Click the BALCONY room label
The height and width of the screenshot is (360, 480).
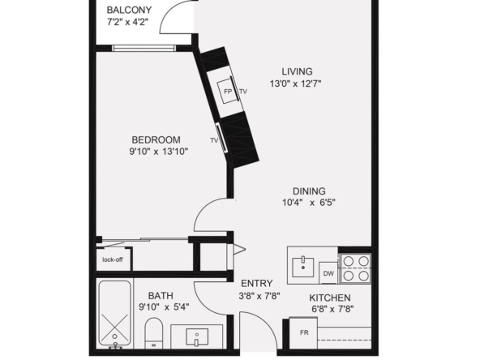(129, 10)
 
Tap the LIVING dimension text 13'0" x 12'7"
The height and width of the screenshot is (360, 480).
(295, 84)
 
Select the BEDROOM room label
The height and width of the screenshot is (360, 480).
(156, 140)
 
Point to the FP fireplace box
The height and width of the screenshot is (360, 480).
(227, 92)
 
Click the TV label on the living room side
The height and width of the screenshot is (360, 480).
(243, 92)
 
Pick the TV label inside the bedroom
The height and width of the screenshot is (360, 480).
(214, 140)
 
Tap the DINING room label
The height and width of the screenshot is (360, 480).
(309, 191)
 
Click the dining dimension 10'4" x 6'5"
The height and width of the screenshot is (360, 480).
(309, 203)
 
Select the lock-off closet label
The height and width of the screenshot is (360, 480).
(113, 260)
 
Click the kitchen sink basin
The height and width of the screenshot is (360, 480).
(303, 267)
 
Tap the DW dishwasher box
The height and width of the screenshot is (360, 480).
(328, 273)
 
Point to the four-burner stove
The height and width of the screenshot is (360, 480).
(356, 268)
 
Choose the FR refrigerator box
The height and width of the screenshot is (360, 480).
(303, 333)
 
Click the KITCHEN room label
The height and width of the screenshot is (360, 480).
(330, 298)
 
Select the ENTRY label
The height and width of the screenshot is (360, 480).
(256, 284)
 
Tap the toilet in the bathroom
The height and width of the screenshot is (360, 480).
(154, 333)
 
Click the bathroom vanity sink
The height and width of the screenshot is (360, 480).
(197, 336)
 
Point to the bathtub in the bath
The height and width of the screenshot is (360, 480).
(114, 314)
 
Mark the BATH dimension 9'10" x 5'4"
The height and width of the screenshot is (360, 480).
(164, 306)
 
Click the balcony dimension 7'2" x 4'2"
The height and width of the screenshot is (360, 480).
(127, 22)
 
